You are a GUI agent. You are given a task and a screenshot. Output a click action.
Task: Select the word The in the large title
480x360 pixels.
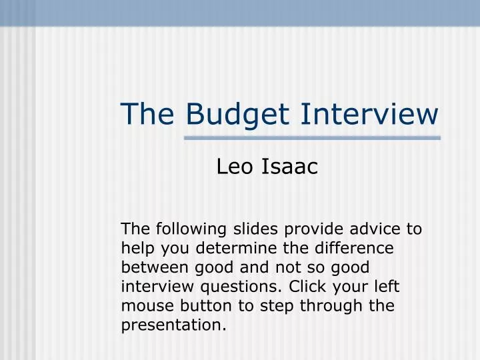tap(147, 113)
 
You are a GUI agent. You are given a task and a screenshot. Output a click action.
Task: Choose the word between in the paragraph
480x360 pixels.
tap(150, 268)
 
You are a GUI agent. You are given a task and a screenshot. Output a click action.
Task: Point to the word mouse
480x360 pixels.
tap(143, 307)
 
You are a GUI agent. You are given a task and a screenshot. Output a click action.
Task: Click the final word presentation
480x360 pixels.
tap(173, 326)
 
